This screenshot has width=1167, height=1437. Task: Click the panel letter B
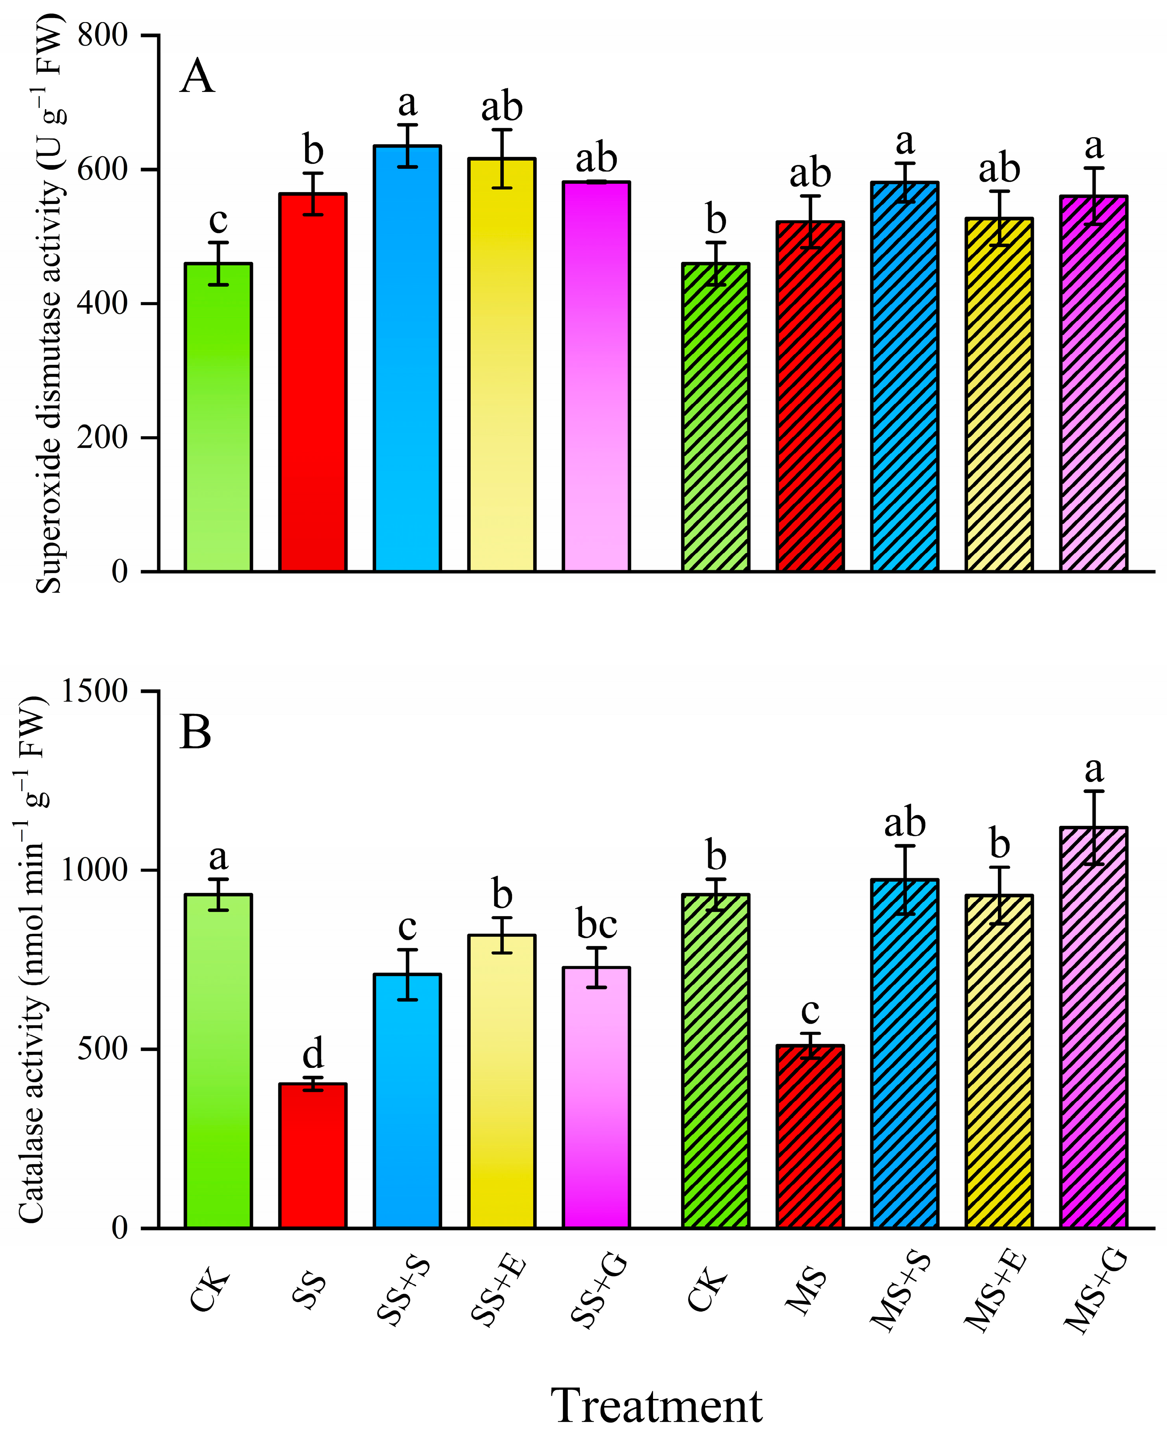point(195,733)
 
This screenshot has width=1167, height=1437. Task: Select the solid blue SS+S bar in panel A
point(408,363)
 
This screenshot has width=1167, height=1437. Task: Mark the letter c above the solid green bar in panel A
point(218,220)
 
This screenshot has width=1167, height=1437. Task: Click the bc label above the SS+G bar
point(596,925)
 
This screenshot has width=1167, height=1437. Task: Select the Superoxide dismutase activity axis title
point(48,302)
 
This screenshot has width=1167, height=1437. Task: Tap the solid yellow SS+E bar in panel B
point(501,1082)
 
